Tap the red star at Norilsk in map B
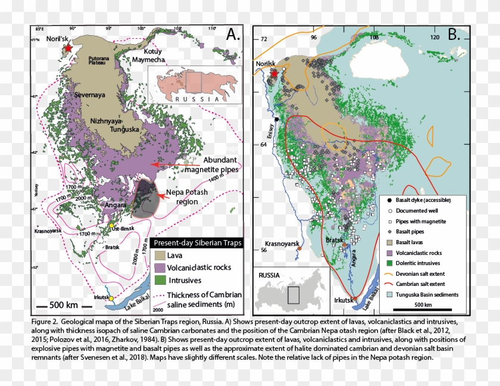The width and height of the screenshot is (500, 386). (x=274, y=74)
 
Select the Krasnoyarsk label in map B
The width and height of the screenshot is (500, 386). (x=281, y=244)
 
